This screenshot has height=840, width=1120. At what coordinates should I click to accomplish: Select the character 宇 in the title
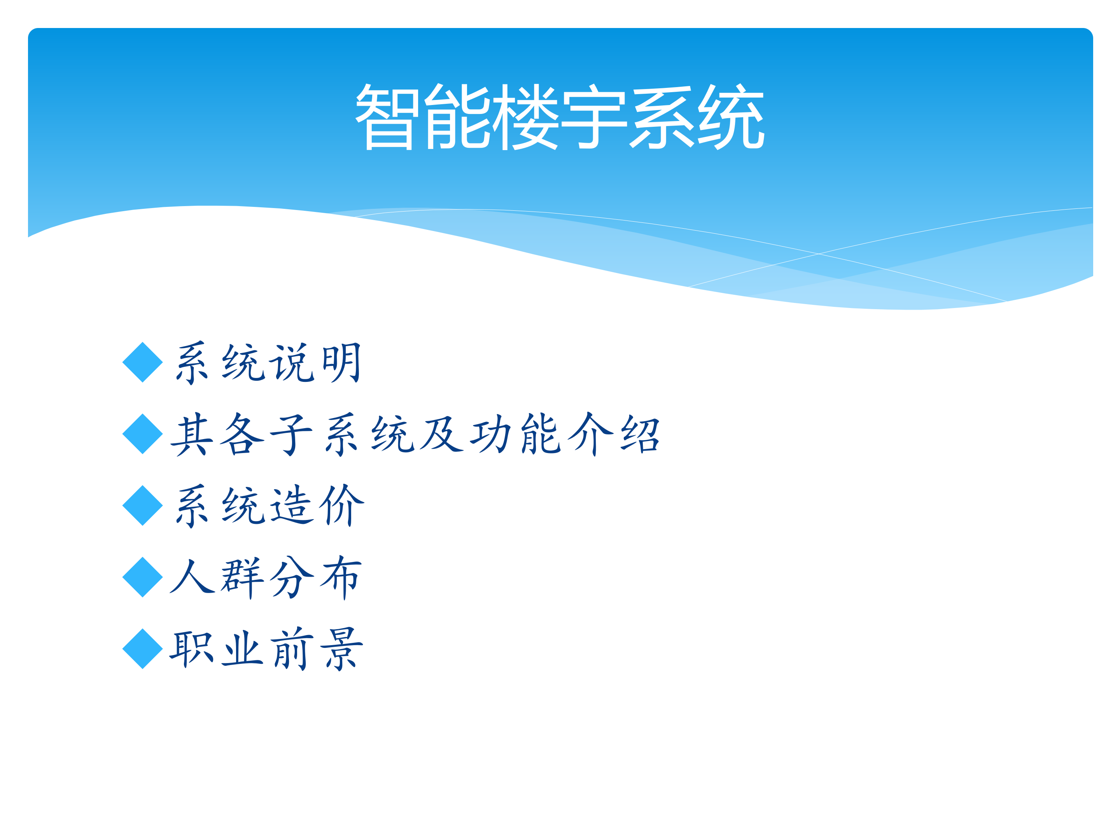[x=595, y=117]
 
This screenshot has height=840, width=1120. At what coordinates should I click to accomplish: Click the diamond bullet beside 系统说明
[x=143, y=362]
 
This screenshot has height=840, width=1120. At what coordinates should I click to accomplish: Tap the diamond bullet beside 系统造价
[x=143, y=505]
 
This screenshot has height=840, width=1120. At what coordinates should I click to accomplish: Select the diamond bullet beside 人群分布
[x=143, y=577]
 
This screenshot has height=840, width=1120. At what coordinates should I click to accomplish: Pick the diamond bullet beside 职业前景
[x=143, y=649]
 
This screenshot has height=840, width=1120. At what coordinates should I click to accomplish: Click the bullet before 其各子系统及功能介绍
[x=143, y=434]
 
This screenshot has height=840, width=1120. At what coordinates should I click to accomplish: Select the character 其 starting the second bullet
[x=192, y=434]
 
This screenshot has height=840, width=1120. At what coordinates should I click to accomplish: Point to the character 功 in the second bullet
[x=491, y=434]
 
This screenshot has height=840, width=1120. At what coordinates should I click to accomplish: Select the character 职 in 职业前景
[x=192, y=649]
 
